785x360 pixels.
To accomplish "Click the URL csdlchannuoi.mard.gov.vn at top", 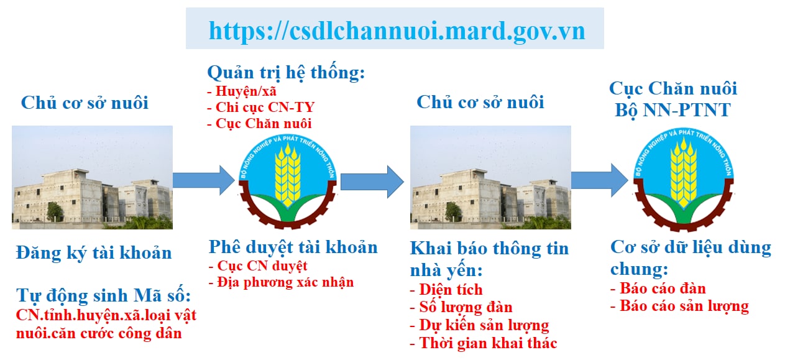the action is [397, 31].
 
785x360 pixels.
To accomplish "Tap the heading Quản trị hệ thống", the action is [286, 73].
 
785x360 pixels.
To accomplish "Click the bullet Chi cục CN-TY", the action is [261, 108].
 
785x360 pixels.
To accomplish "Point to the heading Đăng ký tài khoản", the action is [94, 253].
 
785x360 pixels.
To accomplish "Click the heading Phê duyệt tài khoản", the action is [293, 247].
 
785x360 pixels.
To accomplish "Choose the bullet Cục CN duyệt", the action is [259, 266].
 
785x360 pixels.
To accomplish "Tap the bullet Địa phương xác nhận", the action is [282, 282].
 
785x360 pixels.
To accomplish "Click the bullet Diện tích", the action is [446, 290].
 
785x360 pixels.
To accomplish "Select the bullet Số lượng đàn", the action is [461, 307].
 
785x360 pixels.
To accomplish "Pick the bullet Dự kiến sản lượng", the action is [479, 326].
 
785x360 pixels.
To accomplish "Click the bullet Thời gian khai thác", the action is [484, 343].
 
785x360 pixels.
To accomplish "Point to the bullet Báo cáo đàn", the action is [658, 288].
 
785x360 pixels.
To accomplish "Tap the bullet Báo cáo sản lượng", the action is [679, 307].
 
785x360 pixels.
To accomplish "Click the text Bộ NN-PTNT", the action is [673, 111].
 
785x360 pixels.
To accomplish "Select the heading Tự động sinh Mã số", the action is [103, 295].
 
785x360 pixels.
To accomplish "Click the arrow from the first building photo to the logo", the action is [204, 180].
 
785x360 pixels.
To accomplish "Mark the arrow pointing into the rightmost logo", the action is [600, 180].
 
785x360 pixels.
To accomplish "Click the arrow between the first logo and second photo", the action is [372, 182].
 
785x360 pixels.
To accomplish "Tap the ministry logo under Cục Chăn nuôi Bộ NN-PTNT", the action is [684, 180].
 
